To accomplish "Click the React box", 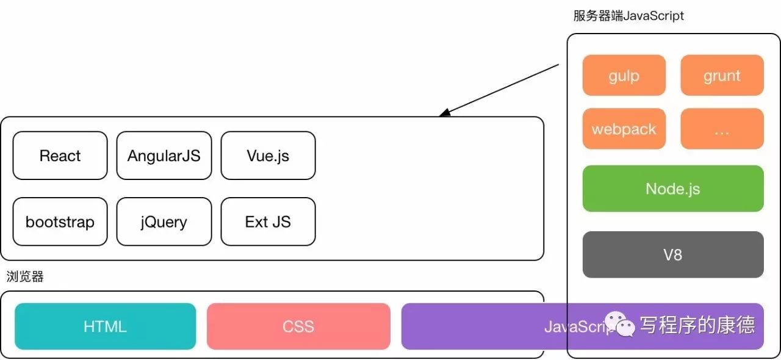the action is pyautogui.click(x=60, y=156).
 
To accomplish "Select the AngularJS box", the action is pyautogui.click(x=164, y=156).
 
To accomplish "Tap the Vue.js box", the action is pyautogui.click(x=268, y=156).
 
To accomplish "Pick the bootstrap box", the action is pyautogui.click(x=60, y=221).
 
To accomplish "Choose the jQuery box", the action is pyautogui.click(x=164, y=221).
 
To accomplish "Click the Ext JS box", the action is pyautogui.click(x=268, y=221).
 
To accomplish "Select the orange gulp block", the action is pyautogui.click(x=624, y=75).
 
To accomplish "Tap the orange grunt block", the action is pyautogui.click(x=722, y=75).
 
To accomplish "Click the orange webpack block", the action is pyautogui.click(x=624, y=129).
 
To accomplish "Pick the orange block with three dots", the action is pyautogui.click(x=722, y=129).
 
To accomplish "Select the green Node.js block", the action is pyautogui.click(x=673, y=189).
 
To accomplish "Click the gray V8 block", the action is pyautogui.click(x=673, y=254).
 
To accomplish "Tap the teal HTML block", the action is pyautogui.click(x=106, y=326).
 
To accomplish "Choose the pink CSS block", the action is pyautogui.click(x=298, y=326).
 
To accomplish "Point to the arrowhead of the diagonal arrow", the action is pyautogui.click(x=444, y=113).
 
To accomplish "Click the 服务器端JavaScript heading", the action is pyautogui.click(x=628, y=16).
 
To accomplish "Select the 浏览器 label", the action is pyautogui.click(x=25, y=276).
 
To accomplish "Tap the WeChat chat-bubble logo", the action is pyautogui.click(x=620, y=324).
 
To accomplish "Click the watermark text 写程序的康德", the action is pyautogui.click(x=697, y=325).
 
